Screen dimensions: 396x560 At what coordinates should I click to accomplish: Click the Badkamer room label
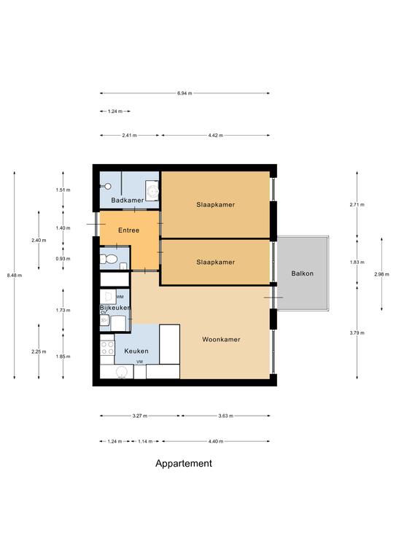[128, 201]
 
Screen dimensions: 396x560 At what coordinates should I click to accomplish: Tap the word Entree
[128, 230]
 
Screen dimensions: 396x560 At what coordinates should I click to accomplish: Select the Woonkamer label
[221, 339]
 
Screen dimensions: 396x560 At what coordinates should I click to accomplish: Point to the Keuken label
[136, 351]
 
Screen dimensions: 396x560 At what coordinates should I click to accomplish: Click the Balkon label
[303, 273]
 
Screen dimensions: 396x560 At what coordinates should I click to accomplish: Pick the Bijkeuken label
[115, 308]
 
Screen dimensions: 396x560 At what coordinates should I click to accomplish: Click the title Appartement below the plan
[184, 464]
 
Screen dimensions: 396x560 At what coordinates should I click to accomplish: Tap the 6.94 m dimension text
[185, 93]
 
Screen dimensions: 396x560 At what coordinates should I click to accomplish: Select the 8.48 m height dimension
[15, 276]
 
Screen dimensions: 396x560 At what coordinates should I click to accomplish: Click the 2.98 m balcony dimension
[381, 274]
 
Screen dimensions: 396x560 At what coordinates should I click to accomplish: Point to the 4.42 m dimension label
[216, 136]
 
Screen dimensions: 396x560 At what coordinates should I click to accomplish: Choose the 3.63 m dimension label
[225, 416]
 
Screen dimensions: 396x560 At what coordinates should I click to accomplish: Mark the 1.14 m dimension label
[145, 441]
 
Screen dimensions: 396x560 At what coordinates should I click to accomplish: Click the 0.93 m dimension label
[63, 259]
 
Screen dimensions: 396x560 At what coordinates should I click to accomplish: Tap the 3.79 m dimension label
[357, 332]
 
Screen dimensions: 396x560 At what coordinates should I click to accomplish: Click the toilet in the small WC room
[109, 259]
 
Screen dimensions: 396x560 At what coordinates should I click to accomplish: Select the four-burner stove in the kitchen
[107, 348]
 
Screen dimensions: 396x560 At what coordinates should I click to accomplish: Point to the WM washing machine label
[120, 297]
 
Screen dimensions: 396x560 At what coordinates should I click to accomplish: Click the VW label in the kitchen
[139, 362]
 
